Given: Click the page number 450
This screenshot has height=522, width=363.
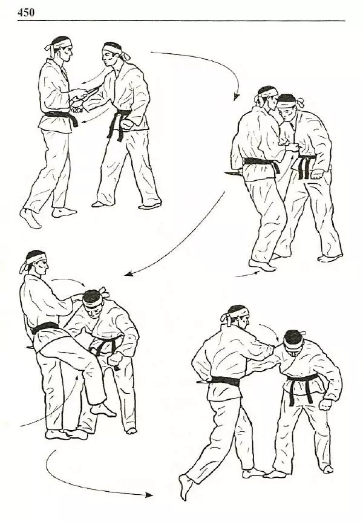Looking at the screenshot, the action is (x=25, y=12).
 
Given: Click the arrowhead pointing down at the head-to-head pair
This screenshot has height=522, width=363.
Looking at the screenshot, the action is (x=236, y=97).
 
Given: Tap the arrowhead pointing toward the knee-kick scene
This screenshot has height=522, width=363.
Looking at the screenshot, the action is (x=129, y=273).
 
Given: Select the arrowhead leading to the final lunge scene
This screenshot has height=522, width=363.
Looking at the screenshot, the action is (x=149, y=495).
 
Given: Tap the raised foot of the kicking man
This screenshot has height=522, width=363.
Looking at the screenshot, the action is (x=103, y=409).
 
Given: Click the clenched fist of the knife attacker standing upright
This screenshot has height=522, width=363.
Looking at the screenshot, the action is (x=126, y=125).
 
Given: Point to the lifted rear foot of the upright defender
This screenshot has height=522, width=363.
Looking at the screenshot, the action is (x=30, y=218).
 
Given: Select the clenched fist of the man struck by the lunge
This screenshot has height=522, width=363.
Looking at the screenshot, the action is (x=325, y=404).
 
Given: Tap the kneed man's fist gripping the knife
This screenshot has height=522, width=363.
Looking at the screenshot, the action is (x=114, y=359).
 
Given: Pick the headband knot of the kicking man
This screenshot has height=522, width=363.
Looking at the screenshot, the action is (x=25, y=267).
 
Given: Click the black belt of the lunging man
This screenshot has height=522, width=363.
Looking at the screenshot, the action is (x=225, y=382).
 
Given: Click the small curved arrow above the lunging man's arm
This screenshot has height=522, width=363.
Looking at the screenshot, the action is (x=269, y=333).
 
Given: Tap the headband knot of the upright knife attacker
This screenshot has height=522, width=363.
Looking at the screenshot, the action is (x=126, y=56).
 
